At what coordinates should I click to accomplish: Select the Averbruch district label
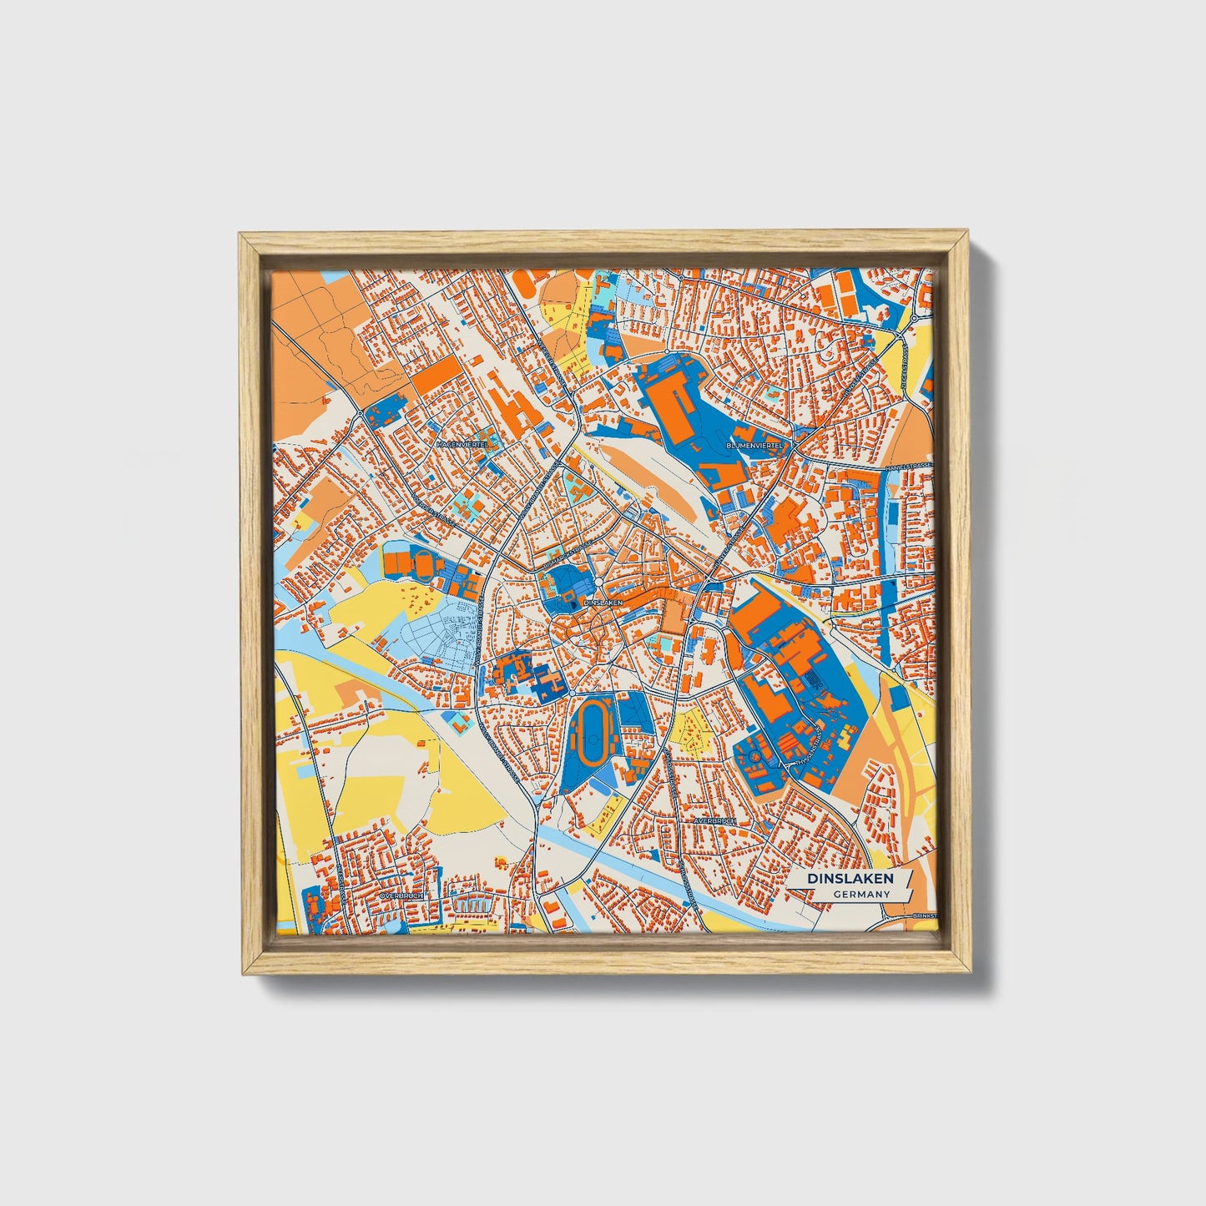(714, 821)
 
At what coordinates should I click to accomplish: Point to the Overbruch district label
(401, 896)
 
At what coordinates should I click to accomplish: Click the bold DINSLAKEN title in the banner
(850, 878)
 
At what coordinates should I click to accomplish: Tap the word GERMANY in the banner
(860, 894)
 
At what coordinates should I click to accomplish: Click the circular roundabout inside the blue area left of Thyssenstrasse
(754, 756)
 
